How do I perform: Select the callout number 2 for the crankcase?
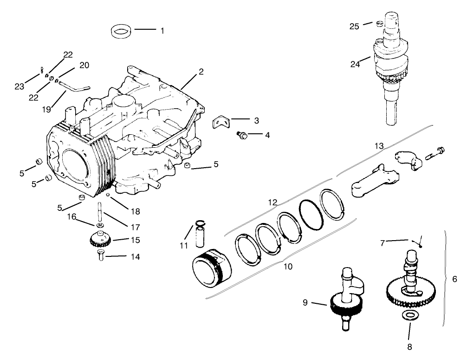[201, 72]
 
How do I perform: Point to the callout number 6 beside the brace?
[454, 279]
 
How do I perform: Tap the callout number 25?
[354, 26]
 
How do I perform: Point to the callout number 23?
[19, 86]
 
